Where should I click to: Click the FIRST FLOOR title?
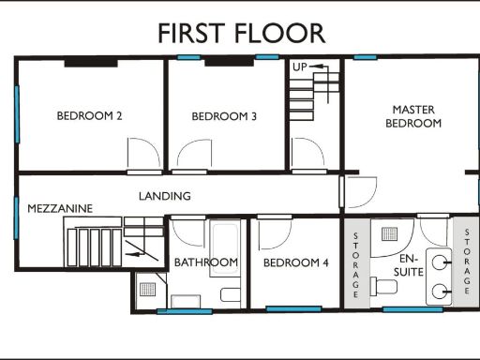pos(241,34)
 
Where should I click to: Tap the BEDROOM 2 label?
pos(90,116)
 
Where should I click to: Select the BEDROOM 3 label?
pos(224,116)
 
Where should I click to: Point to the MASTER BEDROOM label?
pos(414,116)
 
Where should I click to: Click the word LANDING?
pos(165,196)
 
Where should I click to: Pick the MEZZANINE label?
pos(60,208)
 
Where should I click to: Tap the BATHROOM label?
pos(205,262)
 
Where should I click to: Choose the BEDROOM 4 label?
pos(295,262)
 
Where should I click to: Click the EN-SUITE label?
pos(410,264)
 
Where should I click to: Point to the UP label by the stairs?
pos(300,67)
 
